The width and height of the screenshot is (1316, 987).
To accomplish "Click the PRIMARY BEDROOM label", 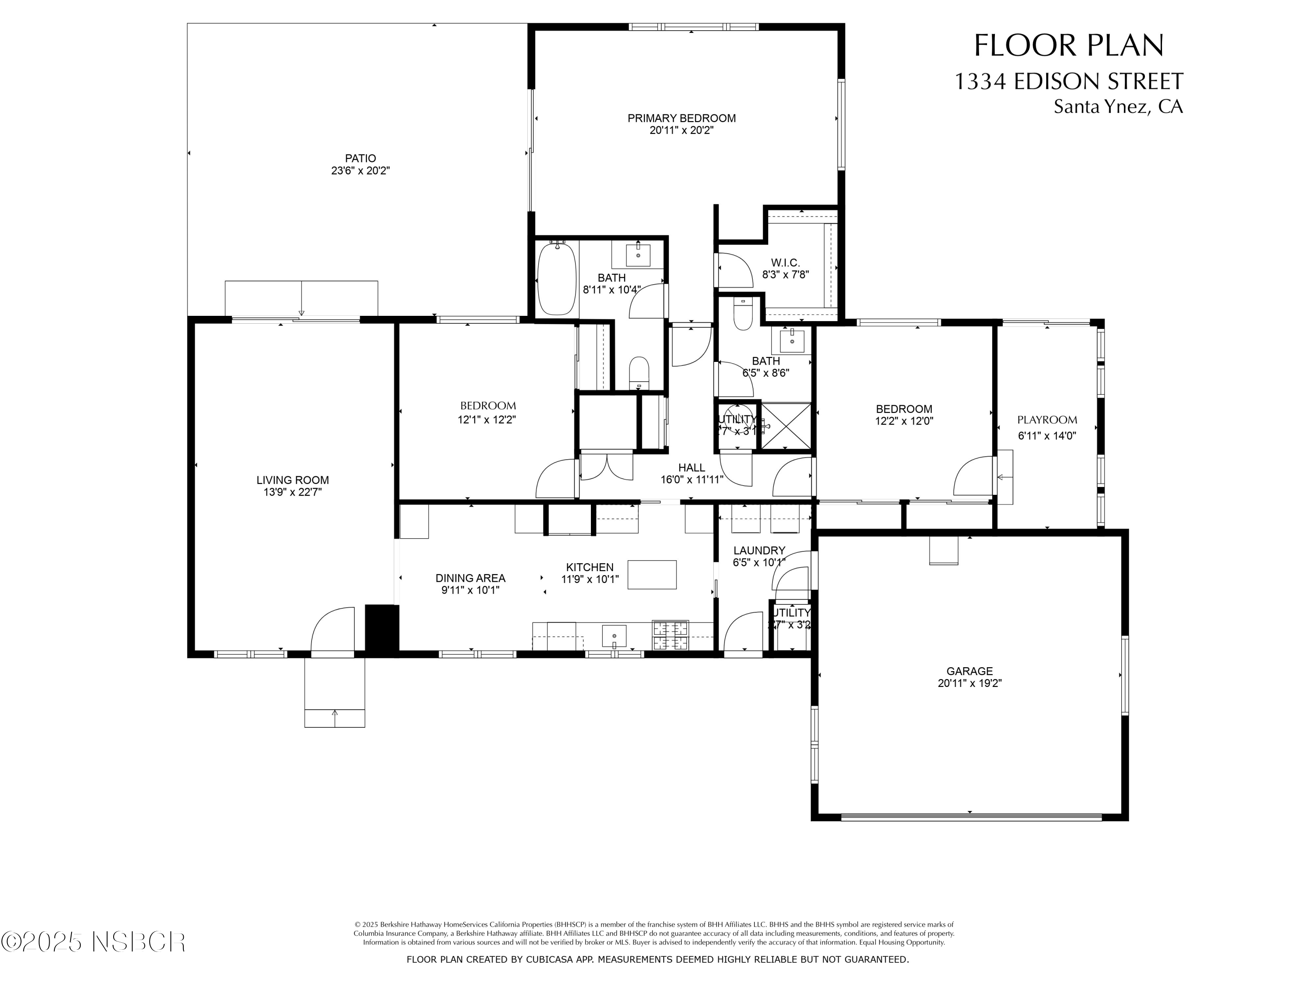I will tap(681, 118).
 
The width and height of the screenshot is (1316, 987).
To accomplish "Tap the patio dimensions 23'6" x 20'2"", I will tap(360, 171).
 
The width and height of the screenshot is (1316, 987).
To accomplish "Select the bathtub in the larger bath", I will tap(557, 279).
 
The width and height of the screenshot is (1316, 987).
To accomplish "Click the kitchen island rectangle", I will tap(651, 575).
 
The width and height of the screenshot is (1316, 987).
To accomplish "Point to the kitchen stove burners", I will tap(670, 635).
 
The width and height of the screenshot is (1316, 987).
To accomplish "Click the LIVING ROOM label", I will tap(292, 480).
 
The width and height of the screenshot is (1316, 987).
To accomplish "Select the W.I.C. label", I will tap(785, 262).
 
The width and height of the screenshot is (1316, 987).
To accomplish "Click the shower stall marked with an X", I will tap(786, 426).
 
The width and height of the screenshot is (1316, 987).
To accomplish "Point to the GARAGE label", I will tap(969, 671).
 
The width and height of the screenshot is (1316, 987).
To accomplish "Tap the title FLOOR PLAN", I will tap(1069, 46).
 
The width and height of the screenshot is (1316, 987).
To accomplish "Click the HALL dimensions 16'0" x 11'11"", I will tap(691, 480).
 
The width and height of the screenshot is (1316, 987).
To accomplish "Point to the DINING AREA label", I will tap(470, 578).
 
